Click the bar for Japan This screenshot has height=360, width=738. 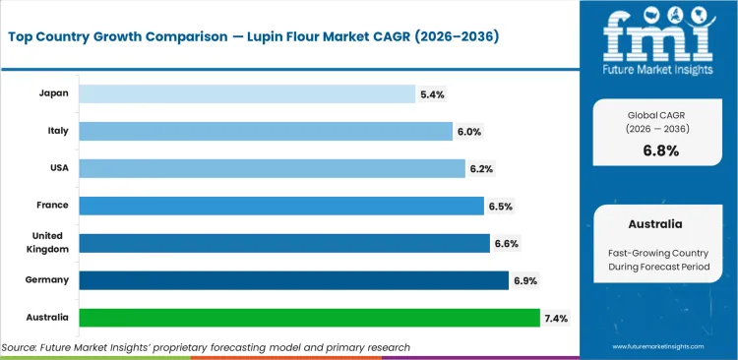(246, 93)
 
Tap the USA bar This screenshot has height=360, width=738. (272, 168)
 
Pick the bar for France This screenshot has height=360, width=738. (280, 206)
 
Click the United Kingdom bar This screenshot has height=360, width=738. (283, 243)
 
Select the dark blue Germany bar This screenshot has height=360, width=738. (293, 280)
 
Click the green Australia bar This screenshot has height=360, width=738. (309, 318)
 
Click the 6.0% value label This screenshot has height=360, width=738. (468, 131)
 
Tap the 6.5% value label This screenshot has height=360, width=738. (500, 206)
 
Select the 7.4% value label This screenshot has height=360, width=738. (556, 318)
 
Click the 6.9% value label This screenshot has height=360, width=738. (524, 280)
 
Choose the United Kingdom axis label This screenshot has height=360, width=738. (46, 243)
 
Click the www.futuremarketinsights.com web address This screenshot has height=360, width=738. (660, 347)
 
